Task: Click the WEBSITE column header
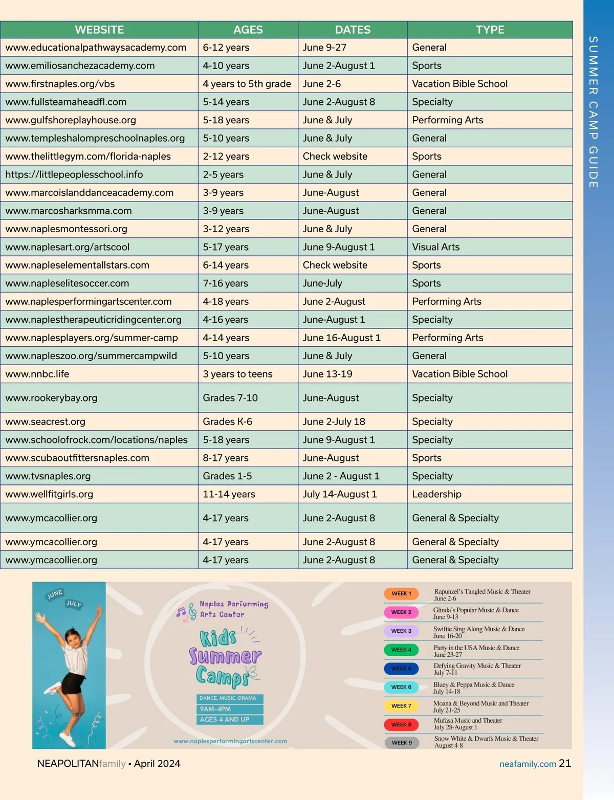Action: coord(99,30)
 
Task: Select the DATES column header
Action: coord(353,30)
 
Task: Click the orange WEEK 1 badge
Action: coord(401,594)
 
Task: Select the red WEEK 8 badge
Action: coord(401,725)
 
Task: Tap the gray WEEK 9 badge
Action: coord(402,743)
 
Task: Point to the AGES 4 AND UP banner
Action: coord(230,720)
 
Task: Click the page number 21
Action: coord(565,763)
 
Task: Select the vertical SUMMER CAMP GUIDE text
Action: coord(593,112)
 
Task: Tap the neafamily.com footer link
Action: coord(528,764)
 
